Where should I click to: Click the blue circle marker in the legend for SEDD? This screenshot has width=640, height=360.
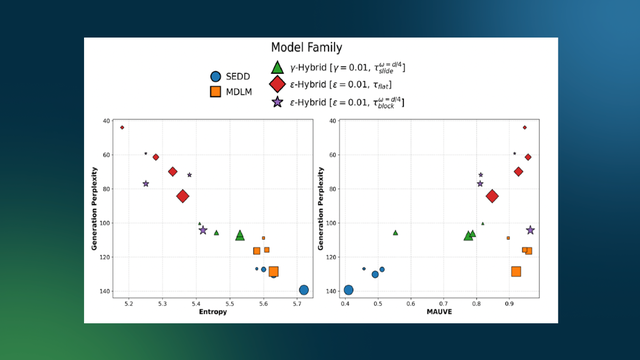click(215, 76)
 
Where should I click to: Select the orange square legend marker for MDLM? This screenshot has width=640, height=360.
click(215, 91)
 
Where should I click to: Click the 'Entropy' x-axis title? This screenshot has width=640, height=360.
click(211, 313)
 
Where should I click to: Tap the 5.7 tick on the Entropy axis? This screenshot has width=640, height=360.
click(298, 302)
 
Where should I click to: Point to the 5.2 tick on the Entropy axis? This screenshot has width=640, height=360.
click(129, 302)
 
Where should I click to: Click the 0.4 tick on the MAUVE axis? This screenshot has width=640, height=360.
click(345, 302)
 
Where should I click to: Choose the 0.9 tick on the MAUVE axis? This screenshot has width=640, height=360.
click(509, 302)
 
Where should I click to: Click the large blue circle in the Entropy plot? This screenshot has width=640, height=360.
click(303, 290)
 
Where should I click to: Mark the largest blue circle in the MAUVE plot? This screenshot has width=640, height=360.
click(349, 290)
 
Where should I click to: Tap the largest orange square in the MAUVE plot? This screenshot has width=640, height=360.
click(517, 271)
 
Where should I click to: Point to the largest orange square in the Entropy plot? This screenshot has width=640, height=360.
click(273, 271)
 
